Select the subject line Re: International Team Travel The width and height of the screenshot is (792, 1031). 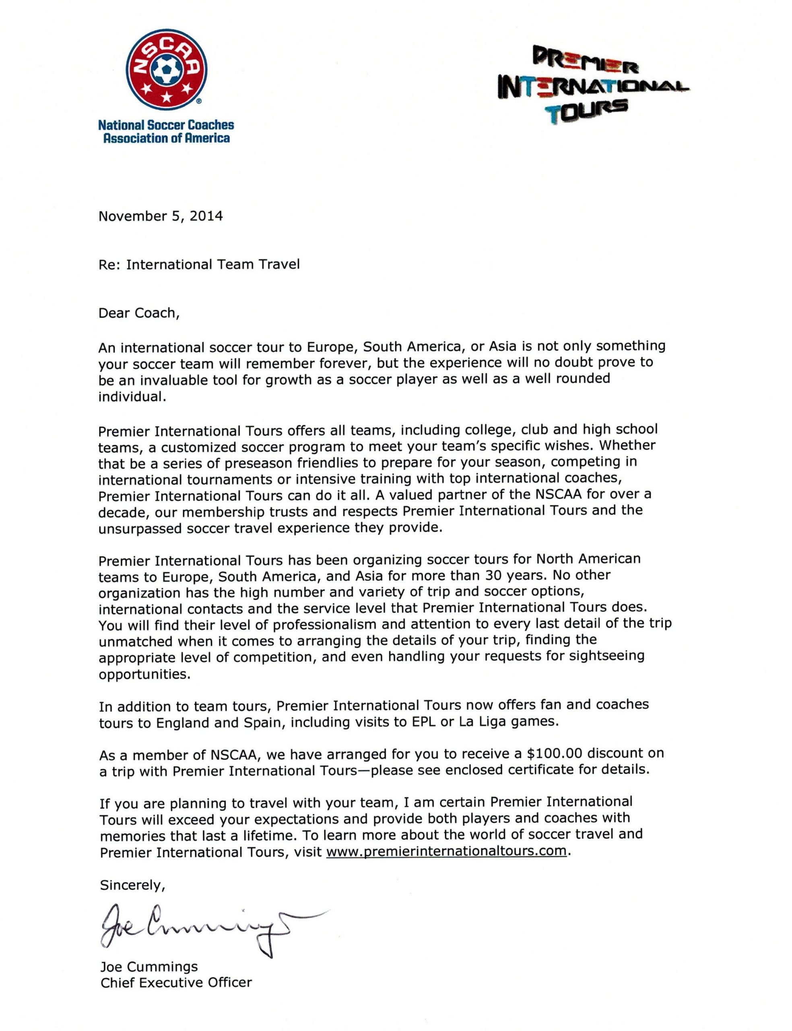(199, 264)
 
